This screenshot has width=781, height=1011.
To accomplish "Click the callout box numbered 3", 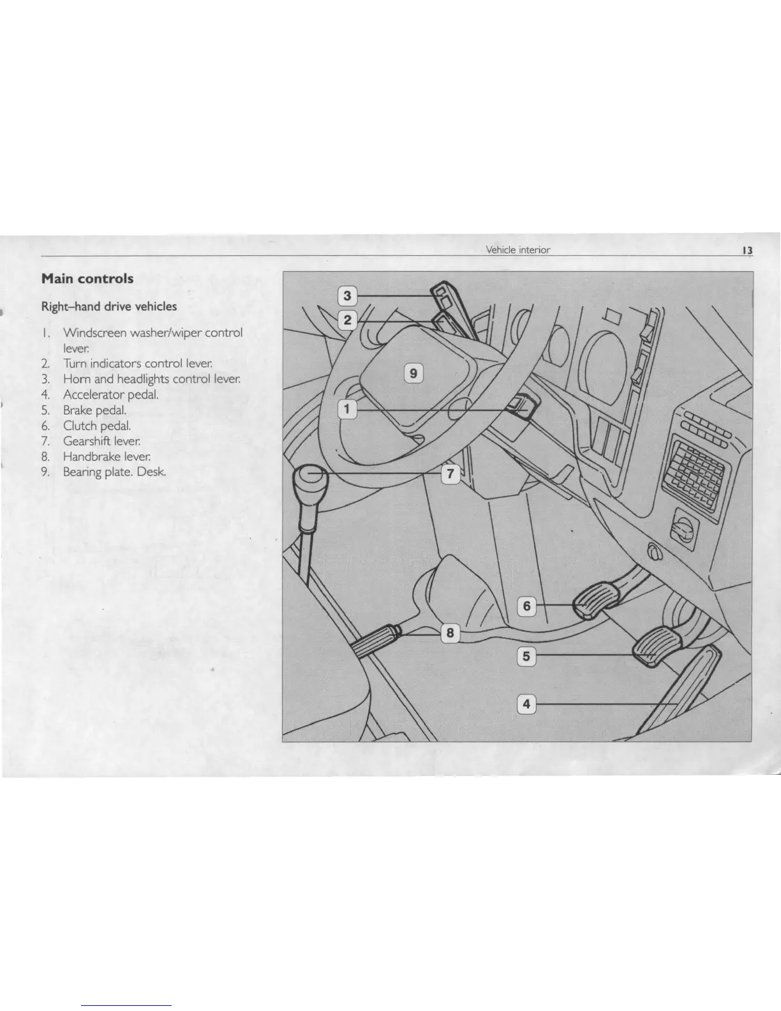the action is coord(346,296).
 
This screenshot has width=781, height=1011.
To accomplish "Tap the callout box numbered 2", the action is coord(346,320).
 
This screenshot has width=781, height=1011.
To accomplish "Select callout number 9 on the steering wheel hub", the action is coord(413,372).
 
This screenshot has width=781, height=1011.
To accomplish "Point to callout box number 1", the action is coord(346,409).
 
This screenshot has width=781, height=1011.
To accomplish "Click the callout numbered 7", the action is coord(450,474).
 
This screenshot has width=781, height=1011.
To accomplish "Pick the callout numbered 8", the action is coord(450,633).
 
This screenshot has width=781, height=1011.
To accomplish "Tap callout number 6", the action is coord(526,606).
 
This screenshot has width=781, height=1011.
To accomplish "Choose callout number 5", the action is coord(526,655).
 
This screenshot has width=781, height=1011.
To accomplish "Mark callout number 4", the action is coord(526,704).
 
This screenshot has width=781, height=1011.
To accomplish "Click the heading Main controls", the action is coord(87,279).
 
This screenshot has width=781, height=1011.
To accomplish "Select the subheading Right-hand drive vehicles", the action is coord(109,306).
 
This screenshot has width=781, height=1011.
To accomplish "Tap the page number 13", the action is coord(747,250).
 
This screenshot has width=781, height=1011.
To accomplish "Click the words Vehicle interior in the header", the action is coord(517,250).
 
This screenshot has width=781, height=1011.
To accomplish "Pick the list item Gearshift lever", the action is coord(101,441).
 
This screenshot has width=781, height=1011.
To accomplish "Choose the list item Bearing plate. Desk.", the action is coord(115,472).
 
